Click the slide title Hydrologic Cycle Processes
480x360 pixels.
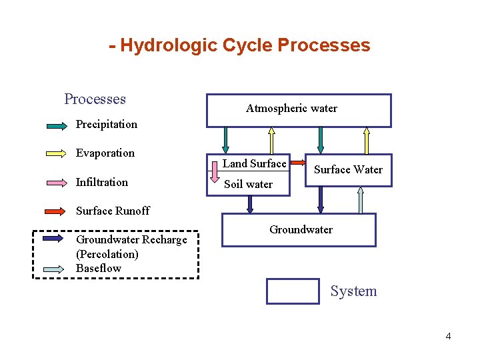click(240, 45)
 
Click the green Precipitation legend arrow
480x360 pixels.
click(57, 125)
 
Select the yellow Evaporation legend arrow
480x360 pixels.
click(57, 153)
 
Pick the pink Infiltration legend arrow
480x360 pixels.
click(57, 183)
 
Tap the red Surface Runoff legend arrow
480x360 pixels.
click(57, 211)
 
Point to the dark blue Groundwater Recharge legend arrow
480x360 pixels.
click(57, 239)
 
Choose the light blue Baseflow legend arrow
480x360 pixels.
click(57, 269)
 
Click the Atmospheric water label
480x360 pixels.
click(291, 108)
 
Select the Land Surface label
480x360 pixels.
click(255, 163)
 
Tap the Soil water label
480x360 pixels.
click(248, 184)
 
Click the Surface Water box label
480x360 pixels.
click(348, 169)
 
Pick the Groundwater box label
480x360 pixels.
click(301, 229)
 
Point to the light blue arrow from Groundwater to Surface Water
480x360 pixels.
click(361, 200)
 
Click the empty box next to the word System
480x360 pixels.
click(293, 291)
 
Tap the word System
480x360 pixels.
click(353, 291)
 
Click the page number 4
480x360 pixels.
click(448, 336)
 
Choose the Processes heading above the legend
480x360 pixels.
click(95, 99)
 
